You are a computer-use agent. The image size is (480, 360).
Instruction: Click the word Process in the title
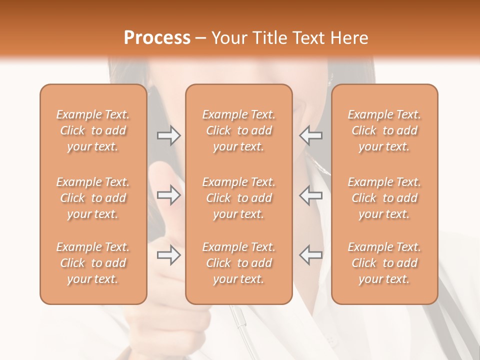pos(157,38)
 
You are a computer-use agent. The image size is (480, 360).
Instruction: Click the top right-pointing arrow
pos(169,135)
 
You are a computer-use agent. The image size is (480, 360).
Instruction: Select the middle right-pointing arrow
pos(169,195)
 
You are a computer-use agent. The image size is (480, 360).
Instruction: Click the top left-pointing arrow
pos(310,135)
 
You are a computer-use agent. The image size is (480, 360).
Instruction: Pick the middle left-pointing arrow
pos(310,195)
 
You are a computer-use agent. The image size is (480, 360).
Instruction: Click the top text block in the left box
pos(93,130)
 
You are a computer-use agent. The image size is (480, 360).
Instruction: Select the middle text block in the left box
pos(93,198)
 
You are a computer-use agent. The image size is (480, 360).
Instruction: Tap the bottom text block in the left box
pos(93,263)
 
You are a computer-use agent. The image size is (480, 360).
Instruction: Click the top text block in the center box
pos(238,130)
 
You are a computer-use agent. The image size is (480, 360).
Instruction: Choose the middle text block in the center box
pos(238,198)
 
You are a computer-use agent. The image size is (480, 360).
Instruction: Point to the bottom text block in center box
pos(238,263)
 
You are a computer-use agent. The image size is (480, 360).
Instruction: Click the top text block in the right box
pos(384,130)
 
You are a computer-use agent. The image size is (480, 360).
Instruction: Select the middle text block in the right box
pos(384,198)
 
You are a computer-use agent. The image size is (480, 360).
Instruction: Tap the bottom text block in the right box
pos(384,263)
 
